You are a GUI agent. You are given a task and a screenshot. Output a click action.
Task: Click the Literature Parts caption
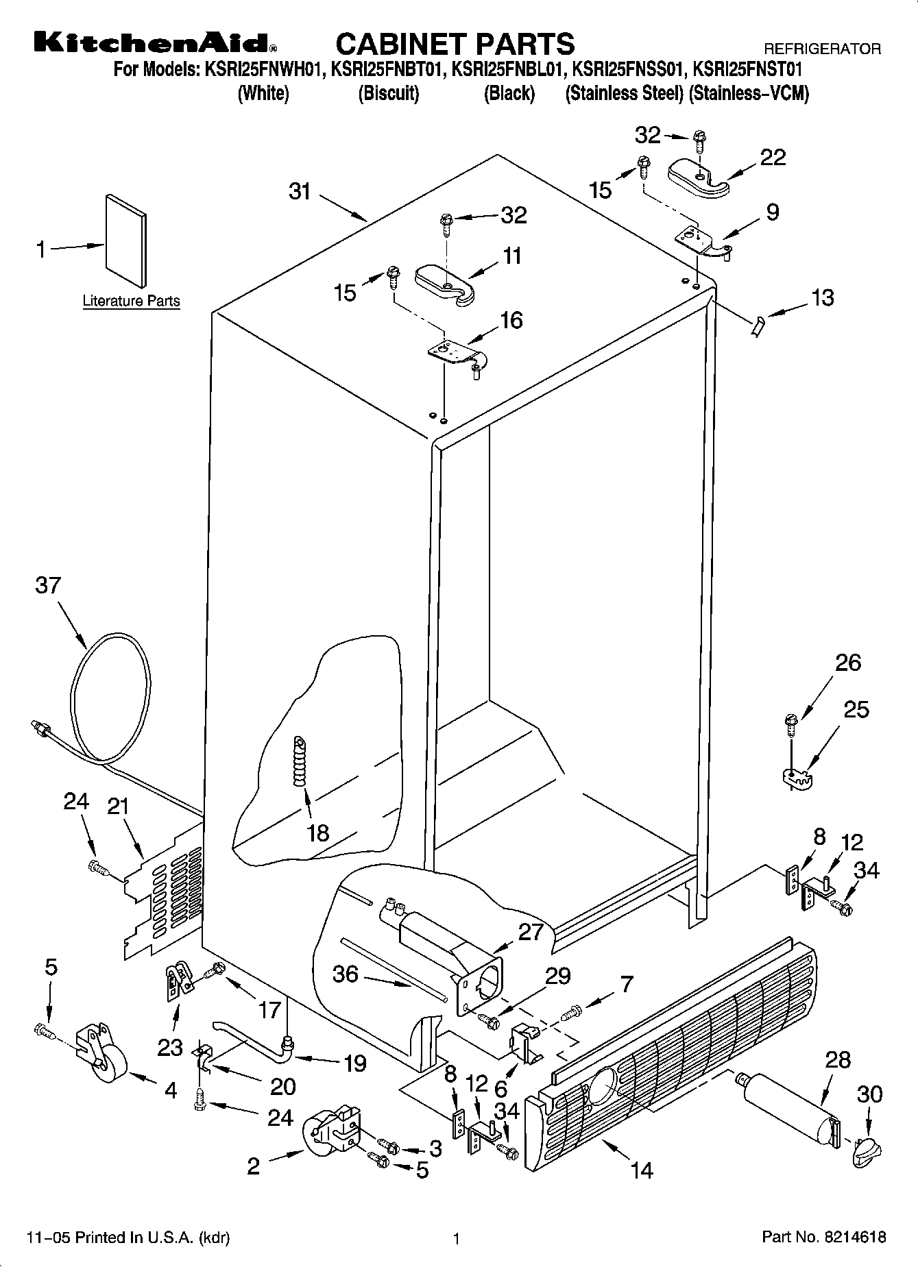click(131, 301)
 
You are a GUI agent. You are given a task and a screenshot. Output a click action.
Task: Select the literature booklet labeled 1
click(125, 241)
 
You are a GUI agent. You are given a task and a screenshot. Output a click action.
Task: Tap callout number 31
click(300, 192)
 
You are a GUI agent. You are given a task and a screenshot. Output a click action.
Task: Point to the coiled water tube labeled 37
click(110, 699)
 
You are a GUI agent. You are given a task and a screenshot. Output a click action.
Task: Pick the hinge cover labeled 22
click(698, 177)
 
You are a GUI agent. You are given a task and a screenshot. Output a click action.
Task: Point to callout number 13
click(822, 297)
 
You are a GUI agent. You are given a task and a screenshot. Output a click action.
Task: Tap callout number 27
click(531, 931)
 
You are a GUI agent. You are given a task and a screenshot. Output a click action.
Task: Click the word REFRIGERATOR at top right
click(822, 49)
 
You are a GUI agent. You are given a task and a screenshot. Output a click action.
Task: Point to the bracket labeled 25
click(796, 777)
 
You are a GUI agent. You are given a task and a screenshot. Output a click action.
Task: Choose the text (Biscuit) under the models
click(388, 93)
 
